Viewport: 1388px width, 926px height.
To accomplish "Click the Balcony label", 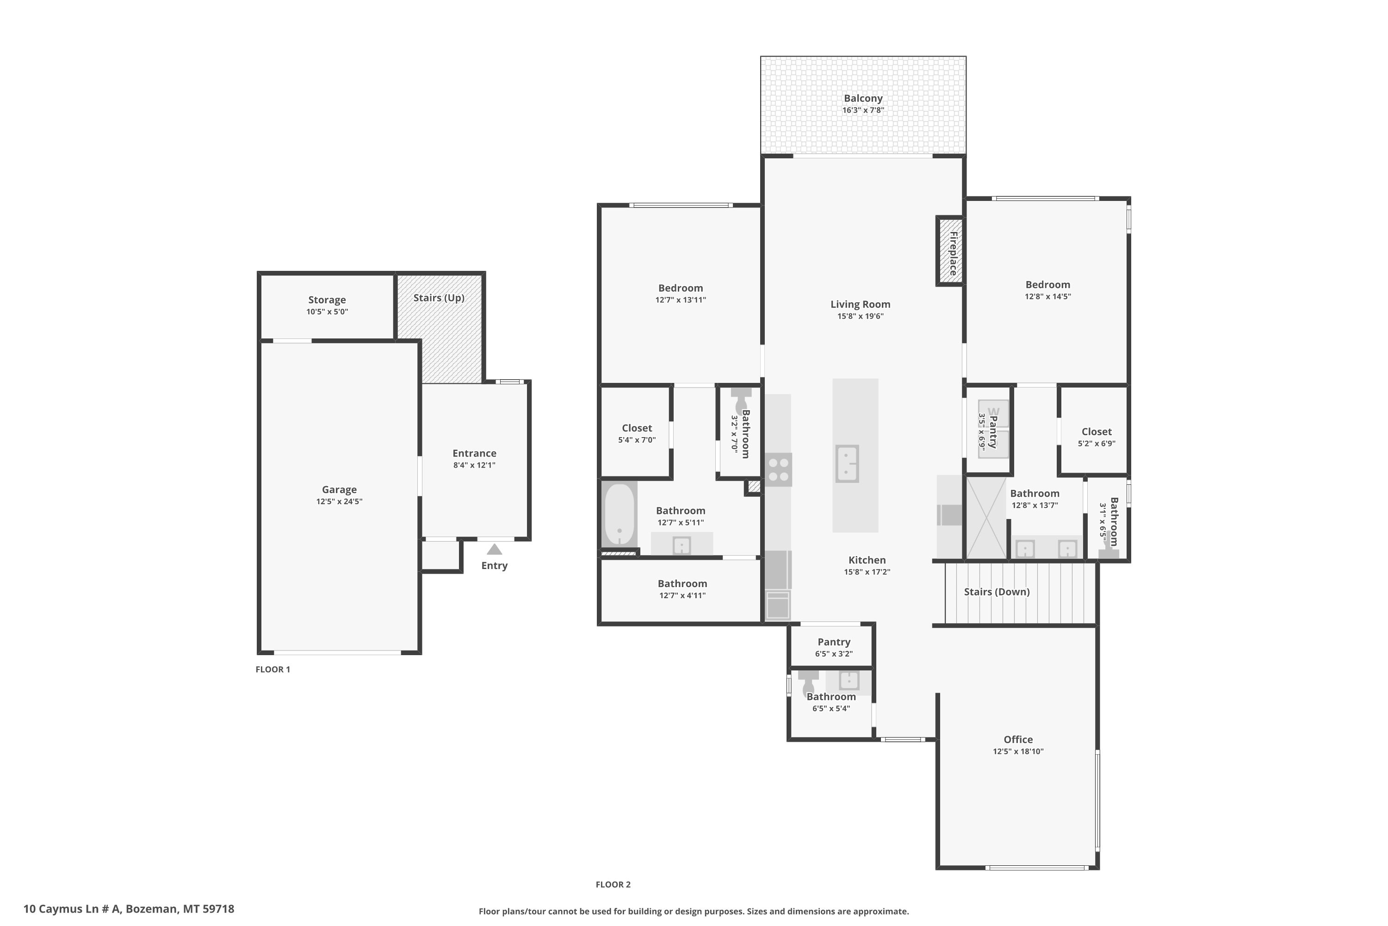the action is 863,99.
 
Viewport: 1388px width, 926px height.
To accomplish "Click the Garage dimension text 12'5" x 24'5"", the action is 339,501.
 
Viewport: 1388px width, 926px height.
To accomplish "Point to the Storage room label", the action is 327,300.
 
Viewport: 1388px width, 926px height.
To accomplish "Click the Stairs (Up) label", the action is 439,298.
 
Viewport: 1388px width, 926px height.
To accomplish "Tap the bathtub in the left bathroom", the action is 619,514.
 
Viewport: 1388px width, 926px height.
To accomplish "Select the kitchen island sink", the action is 847,463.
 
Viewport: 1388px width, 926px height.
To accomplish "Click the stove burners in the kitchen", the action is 778,470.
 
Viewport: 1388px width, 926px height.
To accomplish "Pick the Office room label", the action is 1018,739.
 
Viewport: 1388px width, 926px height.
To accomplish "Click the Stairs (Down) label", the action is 997,592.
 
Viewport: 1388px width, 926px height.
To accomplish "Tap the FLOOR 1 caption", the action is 273,669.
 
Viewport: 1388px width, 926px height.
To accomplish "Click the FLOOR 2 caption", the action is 613,884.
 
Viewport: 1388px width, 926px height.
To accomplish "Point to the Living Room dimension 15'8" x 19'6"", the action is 861,316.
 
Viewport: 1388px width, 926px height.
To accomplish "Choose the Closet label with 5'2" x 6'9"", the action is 1097,432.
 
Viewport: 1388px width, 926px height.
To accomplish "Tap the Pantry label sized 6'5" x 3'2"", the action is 834,642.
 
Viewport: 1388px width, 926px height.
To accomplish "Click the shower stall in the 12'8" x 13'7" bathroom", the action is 986,517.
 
